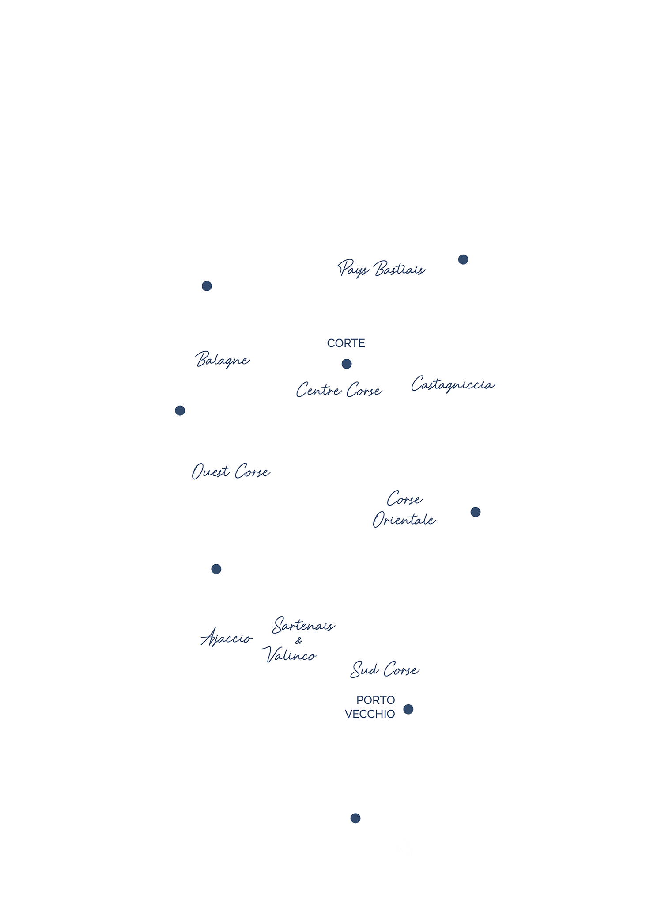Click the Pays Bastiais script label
[382, 269]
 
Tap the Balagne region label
[223, 360]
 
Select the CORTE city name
[346, 343]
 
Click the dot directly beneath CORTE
[347, 364]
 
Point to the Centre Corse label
[339, 390]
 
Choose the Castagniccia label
[452, 384]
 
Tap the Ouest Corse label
[230, 472]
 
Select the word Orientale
[404, 520]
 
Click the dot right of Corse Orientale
[475, 512]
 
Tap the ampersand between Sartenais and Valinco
[299, 641]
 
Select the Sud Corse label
[385, 670]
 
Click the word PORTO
[375, 700]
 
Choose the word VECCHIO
[370, 715]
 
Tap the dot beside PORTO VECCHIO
[408, 710]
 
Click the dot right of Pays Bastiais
[463, 259]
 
